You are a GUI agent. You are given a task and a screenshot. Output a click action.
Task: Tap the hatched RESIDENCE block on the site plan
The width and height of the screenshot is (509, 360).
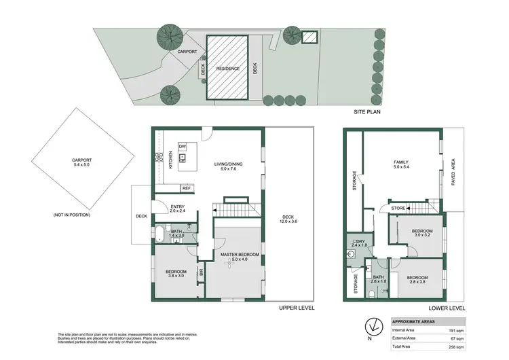pos(227,69)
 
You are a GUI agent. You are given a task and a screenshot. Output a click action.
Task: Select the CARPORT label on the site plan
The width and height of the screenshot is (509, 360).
pos(187,51)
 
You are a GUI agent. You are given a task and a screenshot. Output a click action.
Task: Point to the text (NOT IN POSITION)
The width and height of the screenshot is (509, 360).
pos(72,215)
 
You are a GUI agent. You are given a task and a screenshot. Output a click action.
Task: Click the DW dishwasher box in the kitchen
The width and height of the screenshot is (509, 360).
pos(183,147)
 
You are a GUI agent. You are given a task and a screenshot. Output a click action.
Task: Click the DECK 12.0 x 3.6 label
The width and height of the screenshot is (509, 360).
pos(289,219)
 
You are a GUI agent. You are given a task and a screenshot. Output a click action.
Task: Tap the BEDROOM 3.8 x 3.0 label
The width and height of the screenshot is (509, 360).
pos(176,274)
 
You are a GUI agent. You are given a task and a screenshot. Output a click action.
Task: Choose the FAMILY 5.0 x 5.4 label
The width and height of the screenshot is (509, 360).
pos(402,164)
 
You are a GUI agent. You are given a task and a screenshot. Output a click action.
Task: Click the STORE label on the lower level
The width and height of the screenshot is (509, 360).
pos(398,209)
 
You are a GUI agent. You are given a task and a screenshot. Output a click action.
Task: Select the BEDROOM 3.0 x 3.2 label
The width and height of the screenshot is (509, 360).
pos(422,234)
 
